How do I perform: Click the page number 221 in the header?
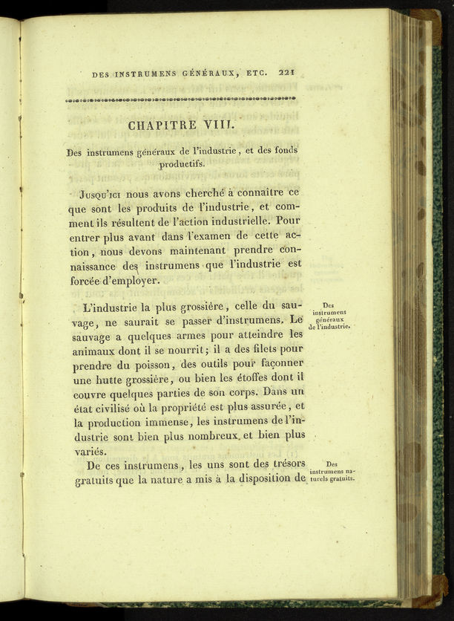pos(287,73)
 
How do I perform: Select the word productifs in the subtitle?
pos(182,164)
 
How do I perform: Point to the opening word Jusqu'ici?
pos(104,194)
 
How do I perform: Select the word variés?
pos(91,451)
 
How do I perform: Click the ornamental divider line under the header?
pos(180,99)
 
